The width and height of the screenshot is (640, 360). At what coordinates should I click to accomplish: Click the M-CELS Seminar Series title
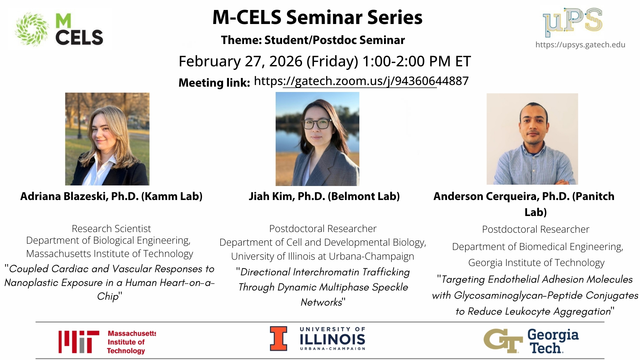(317, 17)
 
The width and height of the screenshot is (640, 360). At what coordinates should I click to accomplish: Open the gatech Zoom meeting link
(361, 81)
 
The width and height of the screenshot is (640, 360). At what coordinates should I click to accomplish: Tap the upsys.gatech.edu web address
(580, 45)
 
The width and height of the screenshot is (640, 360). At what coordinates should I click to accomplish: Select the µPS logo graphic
(573, 22)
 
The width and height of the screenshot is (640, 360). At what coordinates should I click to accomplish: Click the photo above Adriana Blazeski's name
(107, 139)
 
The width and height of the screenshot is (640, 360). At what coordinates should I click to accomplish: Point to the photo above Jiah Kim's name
(317, 139)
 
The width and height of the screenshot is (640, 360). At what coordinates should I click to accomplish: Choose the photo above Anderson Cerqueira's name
(532, 139)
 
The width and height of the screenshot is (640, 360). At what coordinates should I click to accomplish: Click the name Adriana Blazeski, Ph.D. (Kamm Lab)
(111, 196)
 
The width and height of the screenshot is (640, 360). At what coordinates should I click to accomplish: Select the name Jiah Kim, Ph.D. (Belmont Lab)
(324, 196)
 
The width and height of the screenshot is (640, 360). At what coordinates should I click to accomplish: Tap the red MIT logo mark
(79, 342)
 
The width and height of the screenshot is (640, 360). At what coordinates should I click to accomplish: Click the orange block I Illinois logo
(278, 338)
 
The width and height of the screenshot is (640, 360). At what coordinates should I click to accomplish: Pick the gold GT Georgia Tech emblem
(503, 341)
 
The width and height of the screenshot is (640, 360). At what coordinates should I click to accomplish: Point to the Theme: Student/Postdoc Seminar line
(313, 40)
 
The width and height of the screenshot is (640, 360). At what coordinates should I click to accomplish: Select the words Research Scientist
(111, 229)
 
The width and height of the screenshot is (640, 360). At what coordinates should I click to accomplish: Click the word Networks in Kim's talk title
(321, 302)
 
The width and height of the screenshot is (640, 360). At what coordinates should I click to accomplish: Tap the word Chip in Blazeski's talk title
(108, 296)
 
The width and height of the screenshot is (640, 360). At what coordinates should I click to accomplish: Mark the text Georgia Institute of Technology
(536, 263)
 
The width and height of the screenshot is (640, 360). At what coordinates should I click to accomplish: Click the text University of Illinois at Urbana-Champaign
(323, 256)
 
